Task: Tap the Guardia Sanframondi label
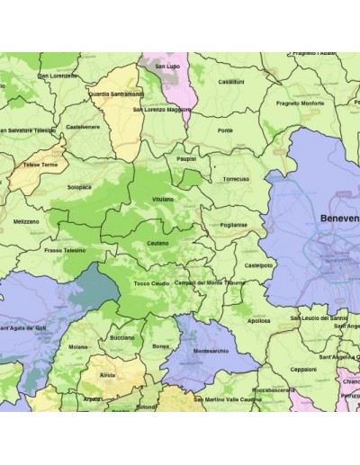coord(117,92)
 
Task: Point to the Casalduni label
coord(231,82)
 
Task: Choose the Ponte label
coord(225,131)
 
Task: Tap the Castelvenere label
coord(83,127)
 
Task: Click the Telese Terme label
coord(40,166)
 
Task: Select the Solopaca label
coord(79,187)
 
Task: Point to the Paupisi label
coord(187,158)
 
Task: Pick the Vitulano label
coord(163,196)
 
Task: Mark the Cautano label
coord(157,243)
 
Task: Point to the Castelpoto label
coord(259,265)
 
